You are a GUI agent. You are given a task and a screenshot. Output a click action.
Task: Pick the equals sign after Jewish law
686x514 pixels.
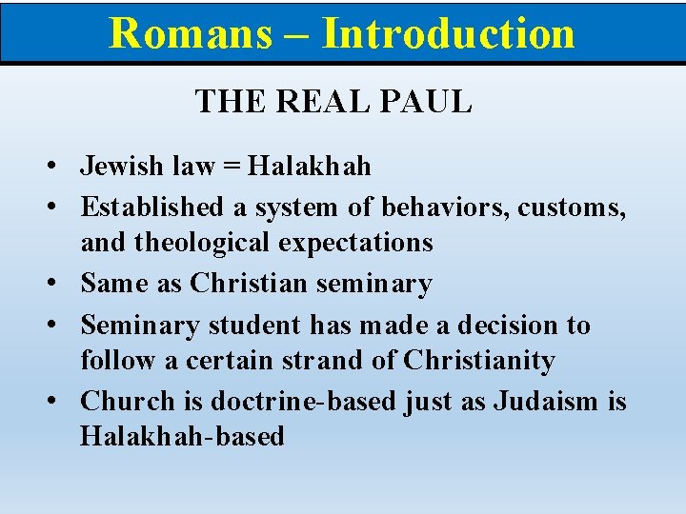[x=232, y=168]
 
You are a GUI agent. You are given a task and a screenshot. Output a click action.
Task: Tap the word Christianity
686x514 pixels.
[x=478, y=362]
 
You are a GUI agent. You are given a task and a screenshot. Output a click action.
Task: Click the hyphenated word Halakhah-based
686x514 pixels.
[x=182, y=437]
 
